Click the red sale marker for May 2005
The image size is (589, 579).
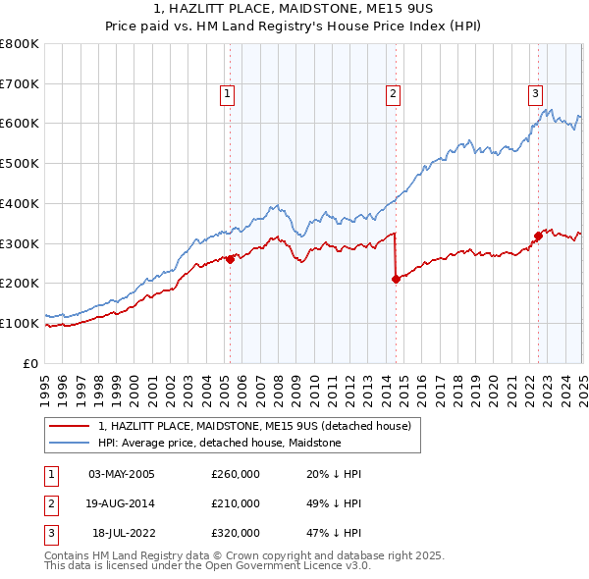(231, 259)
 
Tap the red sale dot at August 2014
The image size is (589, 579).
(396, 279)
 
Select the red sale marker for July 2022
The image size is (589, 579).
(538, 236)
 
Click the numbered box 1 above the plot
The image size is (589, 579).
(227, 94)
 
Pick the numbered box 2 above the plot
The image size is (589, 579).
(392, 94)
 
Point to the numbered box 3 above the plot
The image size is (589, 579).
(535, 94)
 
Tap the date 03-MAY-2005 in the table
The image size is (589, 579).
(122, 475)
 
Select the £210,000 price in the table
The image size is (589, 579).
(236, 504)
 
